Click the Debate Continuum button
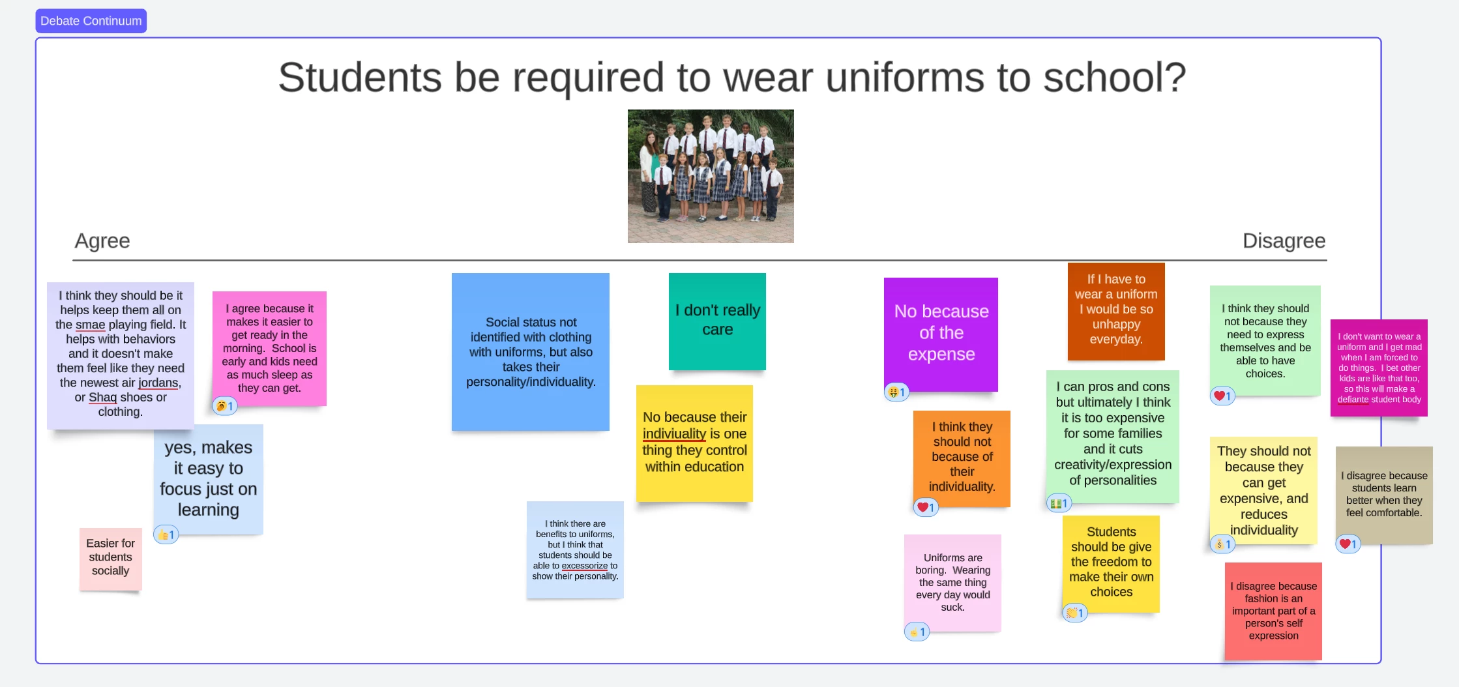point(91,21)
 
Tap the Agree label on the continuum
point(102,241)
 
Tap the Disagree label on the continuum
point(1284,241)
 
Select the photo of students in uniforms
point(711,176)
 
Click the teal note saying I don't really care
point(717,321)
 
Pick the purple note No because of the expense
point(941,334)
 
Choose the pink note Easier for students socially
point(111,559)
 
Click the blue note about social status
point(531,352)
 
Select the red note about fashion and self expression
point(1273,611)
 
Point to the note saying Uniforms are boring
point(952,583)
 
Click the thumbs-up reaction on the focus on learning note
point(166,535)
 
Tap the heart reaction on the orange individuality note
point(926,507)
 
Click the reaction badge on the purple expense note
point(896,392)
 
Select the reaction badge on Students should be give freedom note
point(1075,613)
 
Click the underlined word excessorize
point(585,566)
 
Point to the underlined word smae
point(90,325)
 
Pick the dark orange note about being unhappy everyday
point(1116,312)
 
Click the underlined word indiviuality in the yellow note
point(674,434)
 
